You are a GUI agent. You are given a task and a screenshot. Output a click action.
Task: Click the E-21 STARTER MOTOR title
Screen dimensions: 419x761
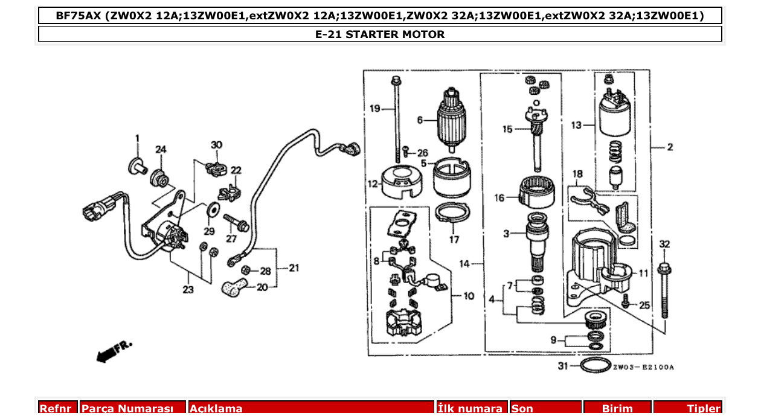pyautogui.click(x=380, y=34)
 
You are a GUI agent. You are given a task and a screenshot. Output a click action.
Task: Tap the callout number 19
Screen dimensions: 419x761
pyautogui.click(x=376, y=109)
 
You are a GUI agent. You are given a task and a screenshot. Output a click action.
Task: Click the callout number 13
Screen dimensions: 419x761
pyautogui.click(x=576, y=126)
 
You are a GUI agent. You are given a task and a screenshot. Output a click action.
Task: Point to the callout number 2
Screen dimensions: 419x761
pyautogui.click(x=670, y=147)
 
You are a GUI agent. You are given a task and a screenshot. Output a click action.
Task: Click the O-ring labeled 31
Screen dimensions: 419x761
pyautogui.click(x=595, y=366)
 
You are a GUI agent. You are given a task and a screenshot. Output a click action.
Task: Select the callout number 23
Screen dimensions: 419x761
pyautogui.click(x=188, y=290)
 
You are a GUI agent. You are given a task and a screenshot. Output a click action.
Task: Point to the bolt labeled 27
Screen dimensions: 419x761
pyautogui.click(x=236, y=223)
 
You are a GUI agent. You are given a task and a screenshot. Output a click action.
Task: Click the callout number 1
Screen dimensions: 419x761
pyautogui.click(x=137, y=138)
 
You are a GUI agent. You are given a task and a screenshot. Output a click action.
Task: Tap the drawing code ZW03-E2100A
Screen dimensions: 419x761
pyautogui.click(x=643, y=367)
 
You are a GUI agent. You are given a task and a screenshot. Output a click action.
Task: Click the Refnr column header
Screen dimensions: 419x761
pyautogui.click(x=58, y=409)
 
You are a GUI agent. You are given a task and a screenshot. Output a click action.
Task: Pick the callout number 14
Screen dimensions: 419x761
pyautogui.click(x=464, y=264)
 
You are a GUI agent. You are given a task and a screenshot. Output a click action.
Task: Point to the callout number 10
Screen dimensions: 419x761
pyautogui.click(x=469, y=296)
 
